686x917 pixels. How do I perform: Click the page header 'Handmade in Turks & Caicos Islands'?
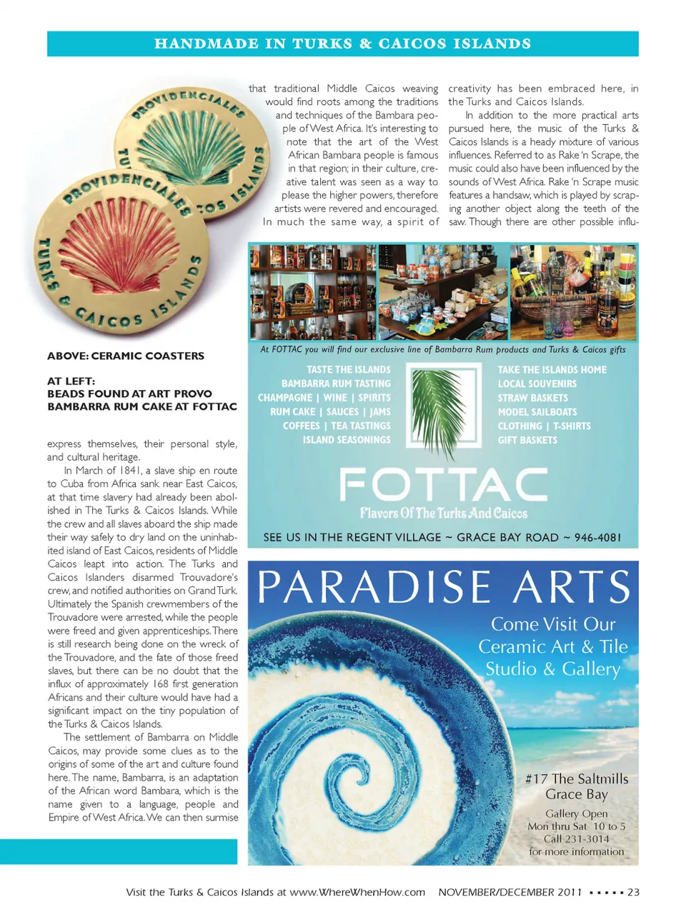point(343,44)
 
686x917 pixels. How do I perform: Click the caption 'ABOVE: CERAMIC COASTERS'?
point(126,356)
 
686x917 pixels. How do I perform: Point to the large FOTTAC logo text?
point(443,485)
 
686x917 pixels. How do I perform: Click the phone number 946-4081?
point(597,537)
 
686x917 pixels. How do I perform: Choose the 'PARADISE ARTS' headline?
point(443,587)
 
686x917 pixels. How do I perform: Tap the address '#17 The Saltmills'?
point(577,778)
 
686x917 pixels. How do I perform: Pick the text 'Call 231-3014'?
point(576,838)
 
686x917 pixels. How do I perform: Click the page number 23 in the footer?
point(633,891)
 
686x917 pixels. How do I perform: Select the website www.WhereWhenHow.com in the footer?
point(357,891)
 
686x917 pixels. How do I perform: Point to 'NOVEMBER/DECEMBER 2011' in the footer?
point(510,891)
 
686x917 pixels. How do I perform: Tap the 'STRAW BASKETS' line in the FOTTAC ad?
point(532,398)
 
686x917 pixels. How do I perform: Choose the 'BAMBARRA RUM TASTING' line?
point(336,384)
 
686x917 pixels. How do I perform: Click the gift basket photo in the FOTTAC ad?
point(573,291)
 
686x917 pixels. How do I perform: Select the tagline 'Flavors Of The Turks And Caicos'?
point(443,513)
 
